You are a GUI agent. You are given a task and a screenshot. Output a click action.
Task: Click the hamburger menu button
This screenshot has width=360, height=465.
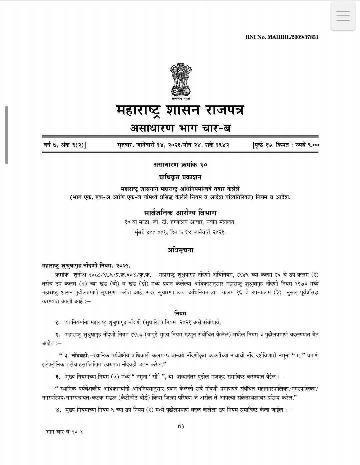coord(343,16)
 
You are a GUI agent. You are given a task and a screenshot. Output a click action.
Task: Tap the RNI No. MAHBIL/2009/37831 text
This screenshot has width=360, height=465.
coord(282,37)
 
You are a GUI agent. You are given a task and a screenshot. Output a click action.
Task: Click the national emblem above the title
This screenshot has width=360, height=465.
coord(180,81)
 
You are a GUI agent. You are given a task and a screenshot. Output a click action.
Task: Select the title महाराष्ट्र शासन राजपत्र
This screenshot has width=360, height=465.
coord(180,110)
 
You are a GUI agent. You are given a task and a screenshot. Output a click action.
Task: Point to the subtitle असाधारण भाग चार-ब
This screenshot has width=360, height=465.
coord(180,128)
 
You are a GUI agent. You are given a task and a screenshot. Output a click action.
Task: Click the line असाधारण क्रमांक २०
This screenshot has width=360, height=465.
coord(180,164)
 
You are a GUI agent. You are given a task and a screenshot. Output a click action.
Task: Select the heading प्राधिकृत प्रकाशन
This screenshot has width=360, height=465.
coord(180,177)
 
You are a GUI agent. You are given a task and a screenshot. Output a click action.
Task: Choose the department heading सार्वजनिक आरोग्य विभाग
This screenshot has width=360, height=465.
coord(180,213)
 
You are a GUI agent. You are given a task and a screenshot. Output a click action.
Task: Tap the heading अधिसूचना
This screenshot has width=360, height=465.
coord(180,250)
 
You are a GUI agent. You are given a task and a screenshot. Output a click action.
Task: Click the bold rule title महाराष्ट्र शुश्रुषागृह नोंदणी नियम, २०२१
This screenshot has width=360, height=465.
coord(86,266)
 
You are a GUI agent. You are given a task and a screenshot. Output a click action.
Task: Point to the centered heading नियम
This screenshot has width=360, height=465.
coord(180,313)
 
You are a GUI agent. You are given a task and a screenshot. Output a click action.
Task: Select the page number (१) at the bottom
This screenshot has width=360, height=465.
coord(180,426)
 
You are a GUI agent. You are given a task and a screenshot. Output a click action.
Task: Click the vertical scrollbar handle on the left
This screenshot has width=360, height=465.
coord(6,135)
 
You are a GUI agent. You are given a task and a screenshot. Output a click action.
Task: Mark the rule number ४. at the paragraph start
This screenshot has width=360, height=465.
coord(58,410)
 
